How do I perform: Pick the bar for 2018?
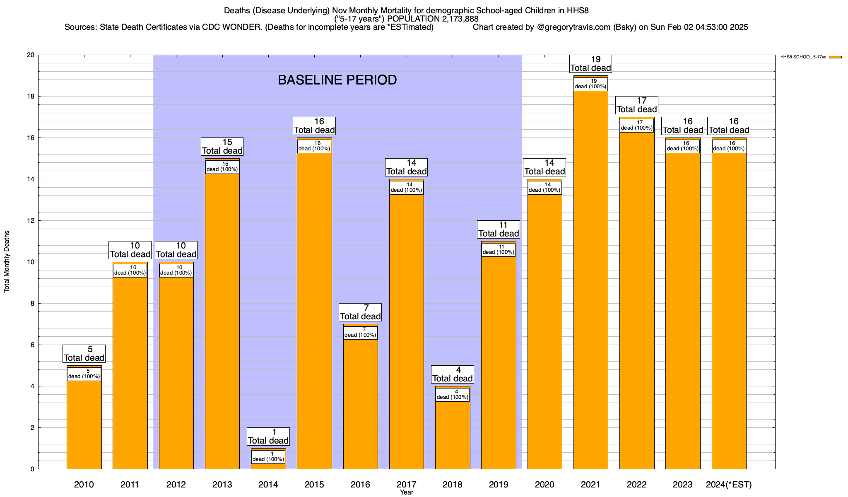(453, 435)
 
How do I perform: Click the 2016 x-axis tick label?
(360, 485)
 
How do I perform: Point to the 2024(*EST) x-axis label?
(729, 485)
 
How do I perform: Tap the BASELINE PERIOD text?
(337, 80)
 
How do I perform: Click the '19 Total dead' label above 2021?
(591, 64)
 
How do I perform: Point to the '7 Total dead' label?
(360, 312)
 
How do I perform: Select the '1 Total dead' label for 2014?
(268, 437)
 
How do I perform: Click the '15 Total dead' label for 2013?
(222, 147)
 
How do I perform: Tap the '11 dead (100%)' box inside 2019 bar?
(499, 250)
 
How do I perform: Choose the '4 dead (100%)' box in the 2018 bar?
(453, 395)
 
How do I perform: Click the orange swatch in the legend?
(835, 57)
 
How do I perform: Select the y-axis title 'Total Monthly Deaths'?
(7, 262)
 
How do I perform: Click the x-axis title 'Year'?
(407, 492)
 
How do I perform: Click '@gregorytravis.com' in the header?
(573, 27)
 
